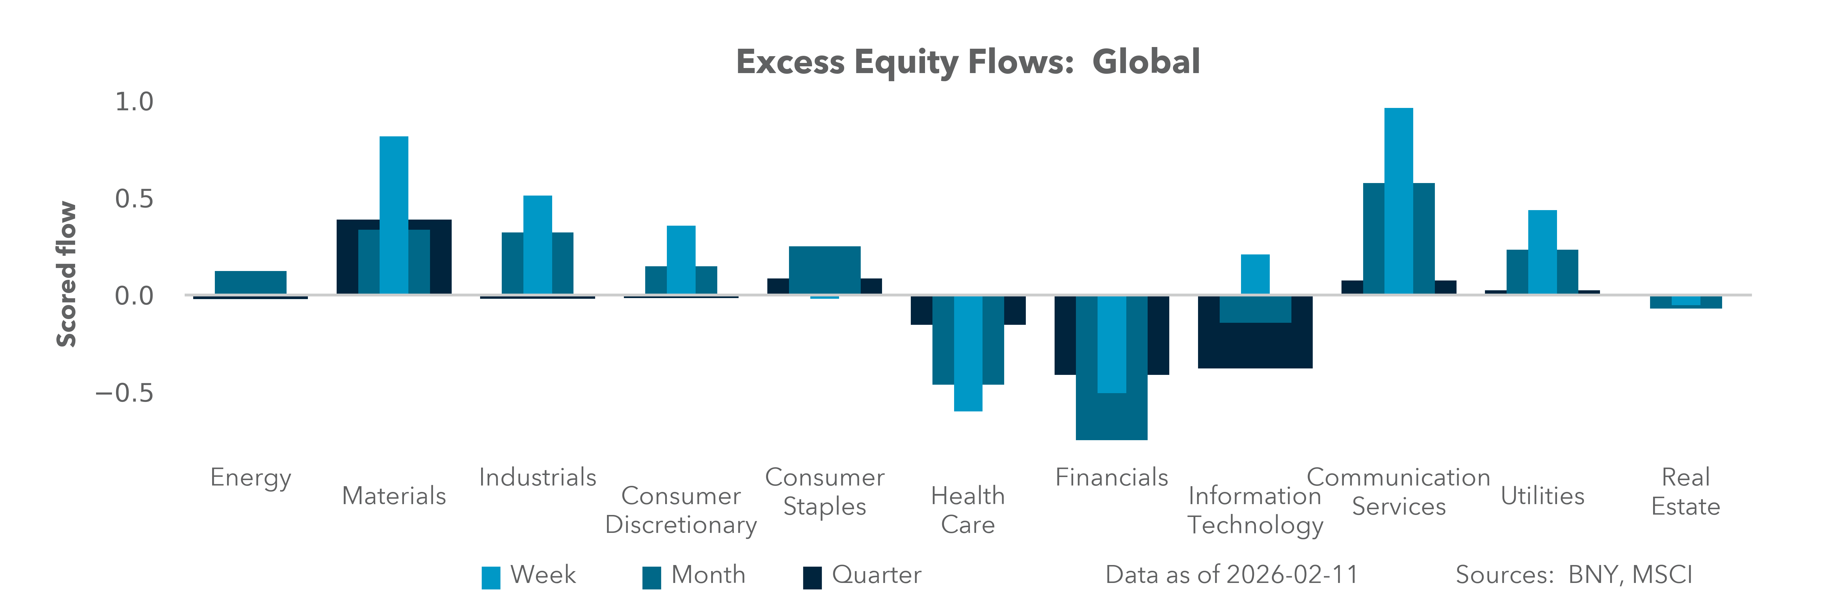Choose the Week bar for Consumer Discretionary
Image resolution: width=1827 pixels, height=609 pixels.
tap(681, 260)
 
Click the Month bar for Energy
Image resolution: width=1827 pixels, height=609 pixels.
tap(250, 282)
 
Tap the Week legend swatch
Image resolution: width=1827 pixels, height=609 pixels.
tap(491, 577)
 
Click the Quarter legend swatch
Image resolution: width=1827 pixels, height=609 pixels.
tap(812, 577)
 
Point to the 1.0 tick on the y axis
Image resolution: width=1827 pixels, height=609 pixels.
tap(134, 101)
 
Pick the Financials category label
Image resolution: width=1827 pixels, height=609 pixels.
tap(1111, 477)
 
